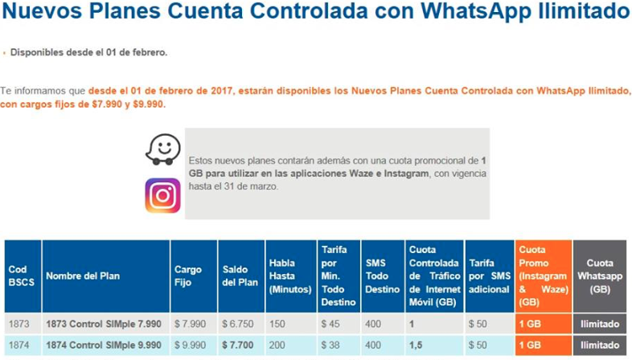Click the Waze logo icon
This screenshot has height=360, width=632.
(162, 148)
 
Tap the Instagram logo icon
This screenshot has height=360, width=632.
(162, 195)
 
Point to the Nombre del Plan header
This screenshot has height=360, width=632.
(83, 276)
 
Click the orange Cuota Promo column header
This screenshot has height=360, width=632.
(544, 276)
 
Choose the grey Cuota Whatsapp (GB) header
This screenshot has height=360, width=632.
(600, 276)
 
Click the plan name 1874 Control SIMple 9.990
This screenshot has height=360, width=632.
(104, 345)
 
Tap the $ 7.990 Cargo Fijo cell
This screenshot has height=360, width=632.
(191, 324)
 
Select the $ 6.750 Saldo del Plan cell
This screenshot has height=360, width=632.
(238, 324)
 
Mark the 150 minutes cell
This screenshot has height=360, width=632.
(278, 324)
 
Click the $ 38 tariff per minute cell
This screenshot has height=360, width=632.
(331, 345)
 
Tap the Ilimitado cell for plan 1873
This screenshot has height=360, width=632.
(600, 324)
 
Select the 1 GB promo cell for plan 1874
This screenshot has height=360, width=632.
(530, 345)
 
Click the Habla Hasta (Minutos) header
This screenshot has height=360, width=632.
(289, 276)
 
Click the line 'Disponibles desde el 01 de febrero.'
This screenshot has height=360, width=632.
(88, 52)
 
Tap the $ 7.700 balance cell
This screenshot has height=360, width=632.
(239, 345)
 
